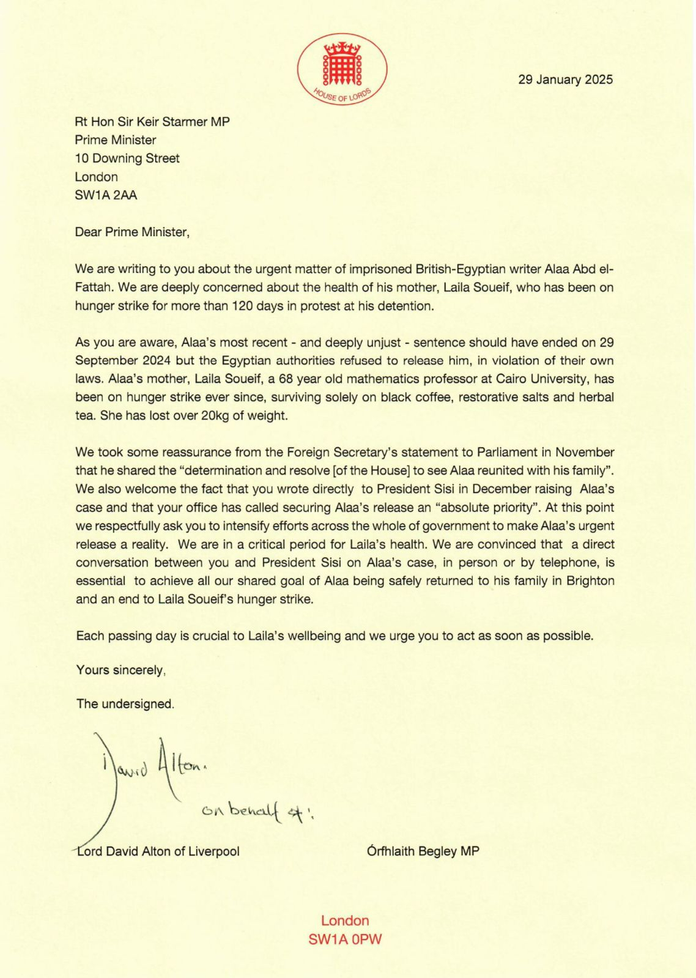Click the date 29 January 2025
[x=565, y=80]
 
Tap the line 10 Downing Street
[x=127, y=158]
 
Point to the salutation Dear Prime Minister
[x=132, y=232]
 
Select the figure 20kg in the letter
[x=218, y=415]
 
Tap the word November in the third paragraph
[x=583, y=452]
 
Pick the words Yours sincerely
[x=120, y=670]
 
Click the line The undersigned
[x=125, y=703]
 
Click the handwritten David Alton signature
[x=153, y=765]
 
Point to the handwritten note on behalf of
[x=257, y=812]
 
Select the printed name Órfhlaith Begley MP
[x=423, y=851]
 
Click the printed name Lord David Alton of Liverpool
[x=158, y=851]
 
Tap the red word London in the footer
[x=345, y=921]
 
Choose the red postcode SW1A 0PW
[x=345, y=939]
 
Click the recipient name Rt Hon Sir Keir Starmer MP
[x=152, y=122]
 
